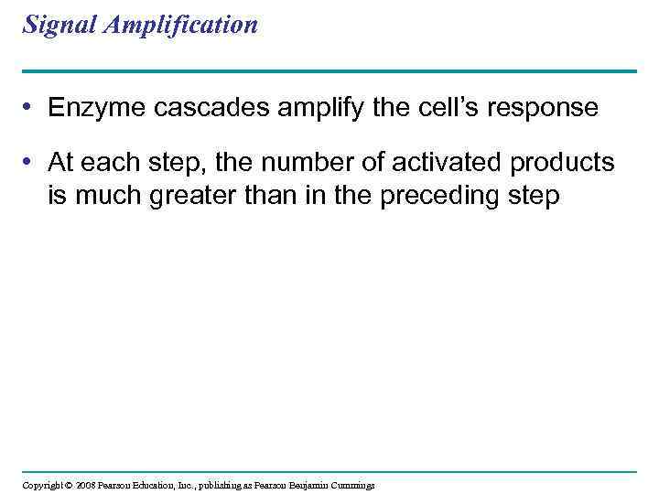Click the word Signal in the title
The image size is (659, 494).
click(54, 26)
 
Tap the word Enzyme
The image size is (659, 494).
click(92, 108)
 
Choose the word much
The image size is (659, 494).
click(104, 196)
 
